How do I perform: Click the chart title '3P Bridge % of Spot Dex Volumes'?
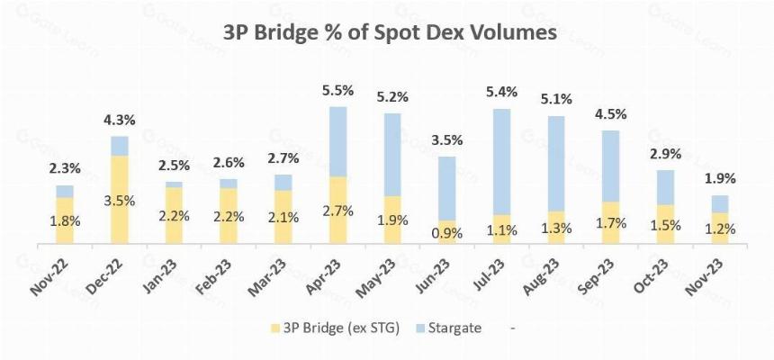point(390,33)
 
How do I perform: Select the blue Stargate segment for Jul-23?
point(501,162)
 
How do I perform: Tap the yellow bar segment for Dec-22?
point(120,200)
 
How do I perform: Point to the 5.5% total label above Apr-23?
point(337,90)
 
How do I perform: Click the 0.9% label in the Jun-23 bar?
point(446,232)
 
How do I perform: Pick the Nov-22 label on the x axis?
point(50,277)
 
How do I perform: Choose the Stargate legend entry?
point(448,328)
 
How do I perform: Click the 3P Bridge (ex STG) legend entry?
point(335,328)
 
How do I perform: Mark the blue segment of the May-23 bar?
point(392,155)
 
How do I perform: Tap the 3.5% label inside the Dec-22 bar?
point(120,202)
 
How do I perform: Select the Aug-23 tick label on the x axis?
point(542,277)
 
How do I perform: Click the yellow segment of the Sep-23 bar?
point(610,222)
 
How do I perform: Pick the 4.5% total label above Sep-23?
point(610,114)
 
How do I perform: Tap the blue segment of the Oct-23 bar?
point(665,188)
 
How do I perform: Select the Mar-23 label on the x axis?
point(269,277)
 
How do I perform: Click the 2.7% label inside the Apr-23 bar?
point(337,211)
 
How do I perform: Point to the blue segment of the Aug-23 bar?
point(556,164)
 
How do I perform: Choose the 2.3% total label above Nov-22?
point(65,168)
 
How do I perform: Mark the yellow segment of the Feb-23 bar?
point(229,216)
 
